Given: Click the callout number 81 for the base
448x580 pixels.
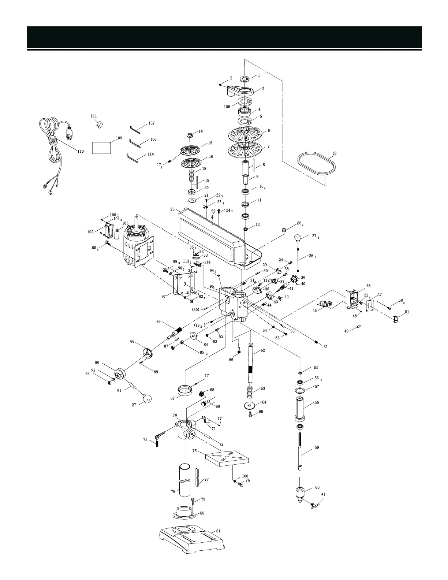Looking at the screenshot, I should [218, 531].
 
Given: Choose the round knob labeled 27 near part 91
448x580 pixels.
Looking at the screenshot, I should [146, 398].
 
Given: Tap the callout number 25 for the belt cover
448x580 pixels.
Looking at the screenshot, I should [172, 209].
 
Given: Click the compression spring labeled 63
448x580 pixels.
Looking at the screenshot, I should [250, 394].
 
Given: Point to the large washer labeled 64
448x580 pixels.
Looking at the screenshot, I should [250, 406].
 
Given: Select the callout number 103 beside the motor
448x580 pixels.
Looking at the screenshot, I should [125, 223].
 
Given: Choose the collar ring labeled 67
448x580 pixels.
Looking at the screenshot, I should [185, 390].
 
